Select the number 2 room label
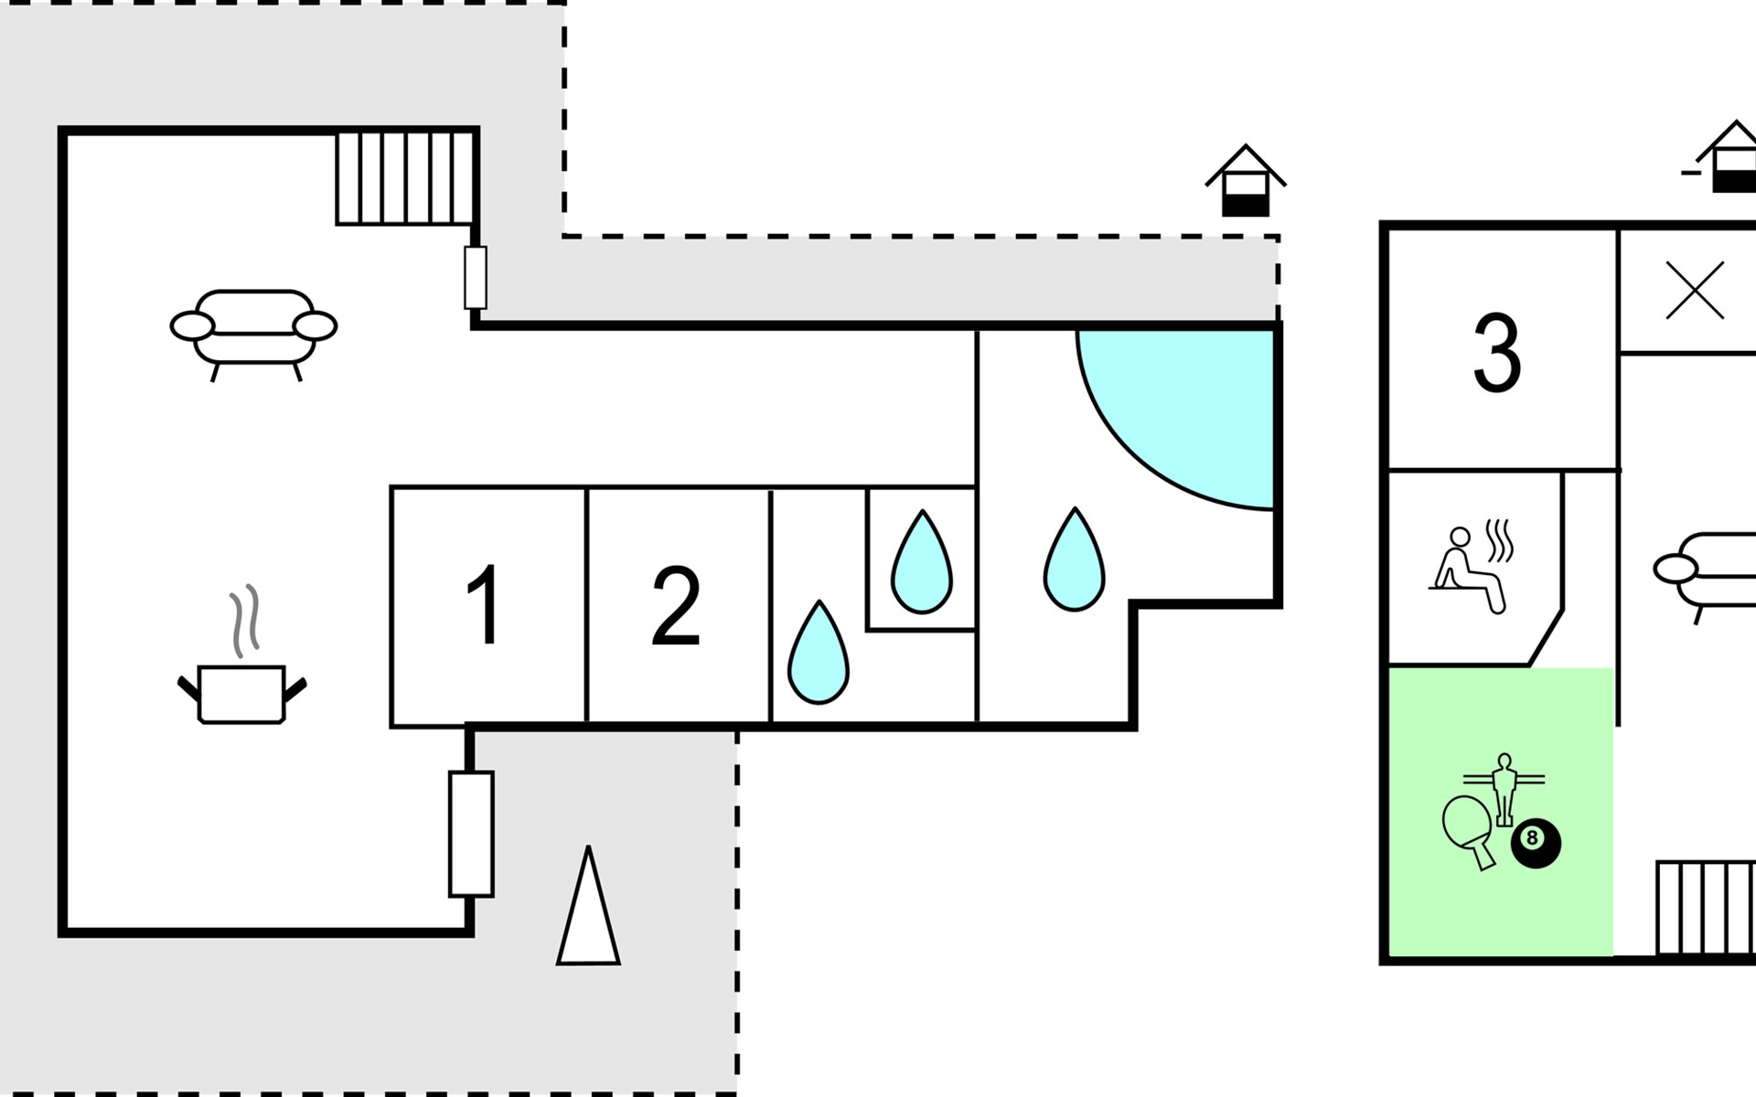tap(676, 605)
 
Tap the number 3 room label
tap(1497, 353)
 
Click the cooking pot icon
tap(241, 695)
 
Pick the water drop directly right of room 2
tap(819, 653)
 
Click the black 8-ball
tap(1535, 842)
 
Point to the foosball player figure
tap(1504, 788)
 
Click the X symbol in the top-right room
tap(1695, 291)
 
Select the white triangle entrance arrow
tap(588, 910)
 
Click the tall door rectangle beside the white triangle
tap(471, 834)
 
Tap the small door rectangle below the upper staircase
tap(476, 277)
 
